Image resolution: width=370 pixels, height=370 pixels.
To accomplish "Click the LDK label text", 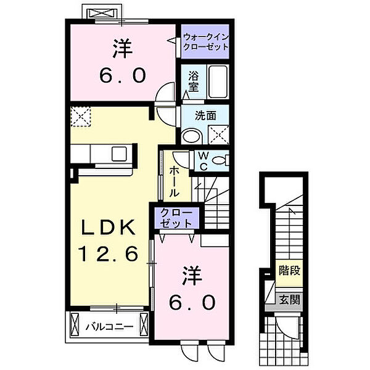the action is [x=108, y=227].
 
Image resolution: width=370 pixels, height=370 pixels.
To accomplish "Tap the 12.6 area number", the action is [x=109, y=253].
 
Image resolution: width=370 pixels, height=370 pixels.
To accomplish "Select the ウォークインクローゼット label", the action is [x=206, y=42].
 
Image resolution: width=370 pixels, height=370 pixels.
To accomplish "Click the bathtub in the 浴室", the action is [x=218, y=81].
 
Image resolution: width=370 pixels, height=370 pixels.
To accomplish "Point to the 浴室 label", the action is [x=193, y=81].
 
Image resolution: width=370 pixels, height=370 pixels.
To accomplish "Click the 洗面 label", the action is [x=205, y=116].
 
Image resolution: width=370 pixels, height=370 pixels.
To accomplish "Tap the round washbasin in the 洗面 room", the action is [x=192, y=137].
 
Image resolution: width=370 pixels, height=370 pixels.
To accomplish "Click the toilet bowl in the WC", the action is [x=219, y=160].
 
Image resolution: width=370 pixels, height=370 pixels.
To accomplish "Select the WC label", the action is [x=203, y=161].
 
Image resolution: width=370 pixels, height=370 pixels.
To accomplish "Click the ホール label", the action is [x=175, y=181].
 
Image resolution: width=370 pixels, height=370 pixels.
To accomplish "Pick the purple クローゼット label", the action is [x=176, y=218].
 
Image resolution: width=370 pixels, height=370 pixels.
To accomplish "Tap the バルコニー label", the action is [x=109, y=327].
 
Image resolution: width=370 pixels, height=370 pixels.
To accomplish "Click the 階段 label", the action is [x=289, y=271].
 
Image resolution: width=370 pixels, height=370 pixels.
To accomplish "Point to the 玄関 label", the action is [x=289, y=300].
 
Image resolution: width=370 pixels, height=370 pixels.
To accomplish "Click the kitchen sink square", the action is [x=119, y=154].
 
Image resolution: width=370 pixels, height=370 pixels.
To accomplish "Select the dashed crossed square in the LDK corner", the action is [x=81, y=117].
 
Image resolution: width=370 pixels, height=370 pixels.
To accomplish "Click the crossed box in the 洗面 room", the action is [x=218, y=134].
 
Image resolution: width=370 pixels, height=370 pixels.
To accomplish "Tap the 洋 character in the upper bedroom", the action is [x=123, y=49].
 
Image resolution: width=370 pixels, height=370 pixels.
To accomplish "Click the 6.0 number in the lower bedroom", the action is [x=192, y=303].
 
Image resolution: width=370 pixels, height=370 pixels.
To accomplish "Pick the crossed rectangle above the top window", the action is [x=102, y=14].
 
